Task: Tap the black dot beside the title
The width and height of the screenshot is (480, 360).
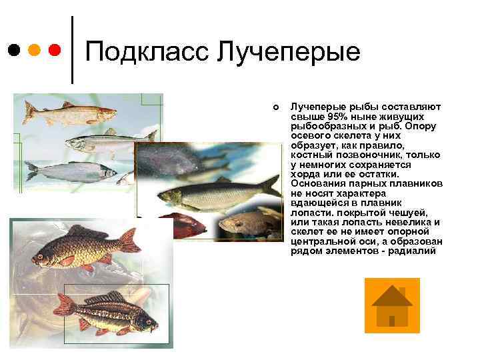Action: (x=14, y=50)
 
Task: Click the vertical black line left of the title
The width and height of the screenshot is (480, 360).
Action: (x=71, y=50)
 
